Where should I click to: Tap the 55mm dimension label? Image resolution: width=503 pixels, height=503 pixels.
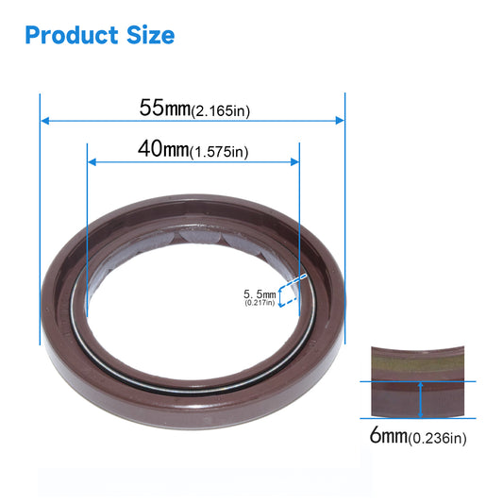(x=164, y=108)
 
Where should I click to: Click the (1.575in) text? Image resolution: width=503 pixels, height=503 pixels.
(x=219, y=152)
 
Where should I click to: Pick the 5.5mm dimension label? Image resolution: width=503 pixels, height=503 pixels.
(x=260, y=294)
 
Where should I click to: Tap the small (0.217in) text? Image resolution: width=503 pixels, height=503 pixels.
(x=260, y=303)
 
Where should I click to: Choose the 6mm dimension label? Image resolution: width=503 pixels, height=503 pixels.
(x=386, y=436)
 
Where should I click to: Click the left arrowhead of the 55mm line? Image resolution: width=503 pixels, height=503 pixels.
(x=44, y=120)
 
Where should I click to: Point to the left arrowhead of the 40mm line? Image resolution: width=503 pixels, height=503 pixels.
(x=91, y=161)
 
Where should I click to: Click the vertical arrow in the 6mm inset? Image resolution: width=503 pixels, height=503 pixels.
(x=419, y=400)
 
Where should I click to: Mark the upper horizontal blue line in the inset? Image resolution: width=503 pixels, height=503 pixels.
(x=418, y=381)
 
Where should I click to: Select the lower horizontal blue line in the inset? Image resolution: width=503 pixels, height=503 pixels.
(x=418, y=418)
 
